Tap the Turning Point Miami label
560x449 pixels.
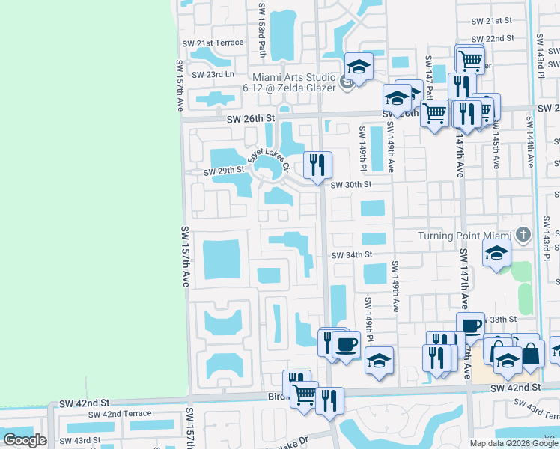465,236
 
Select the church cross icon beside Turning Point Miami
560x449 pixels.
523,236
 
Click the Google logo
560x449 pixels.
25,439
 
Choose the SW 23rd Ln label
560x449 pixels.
213,74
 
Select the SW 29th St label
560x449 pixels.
225,170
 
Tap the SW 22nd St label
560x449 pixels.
495,38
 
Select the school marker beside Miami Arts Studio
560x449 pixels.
359,67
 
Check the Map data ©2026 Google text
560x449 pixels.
514,443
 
